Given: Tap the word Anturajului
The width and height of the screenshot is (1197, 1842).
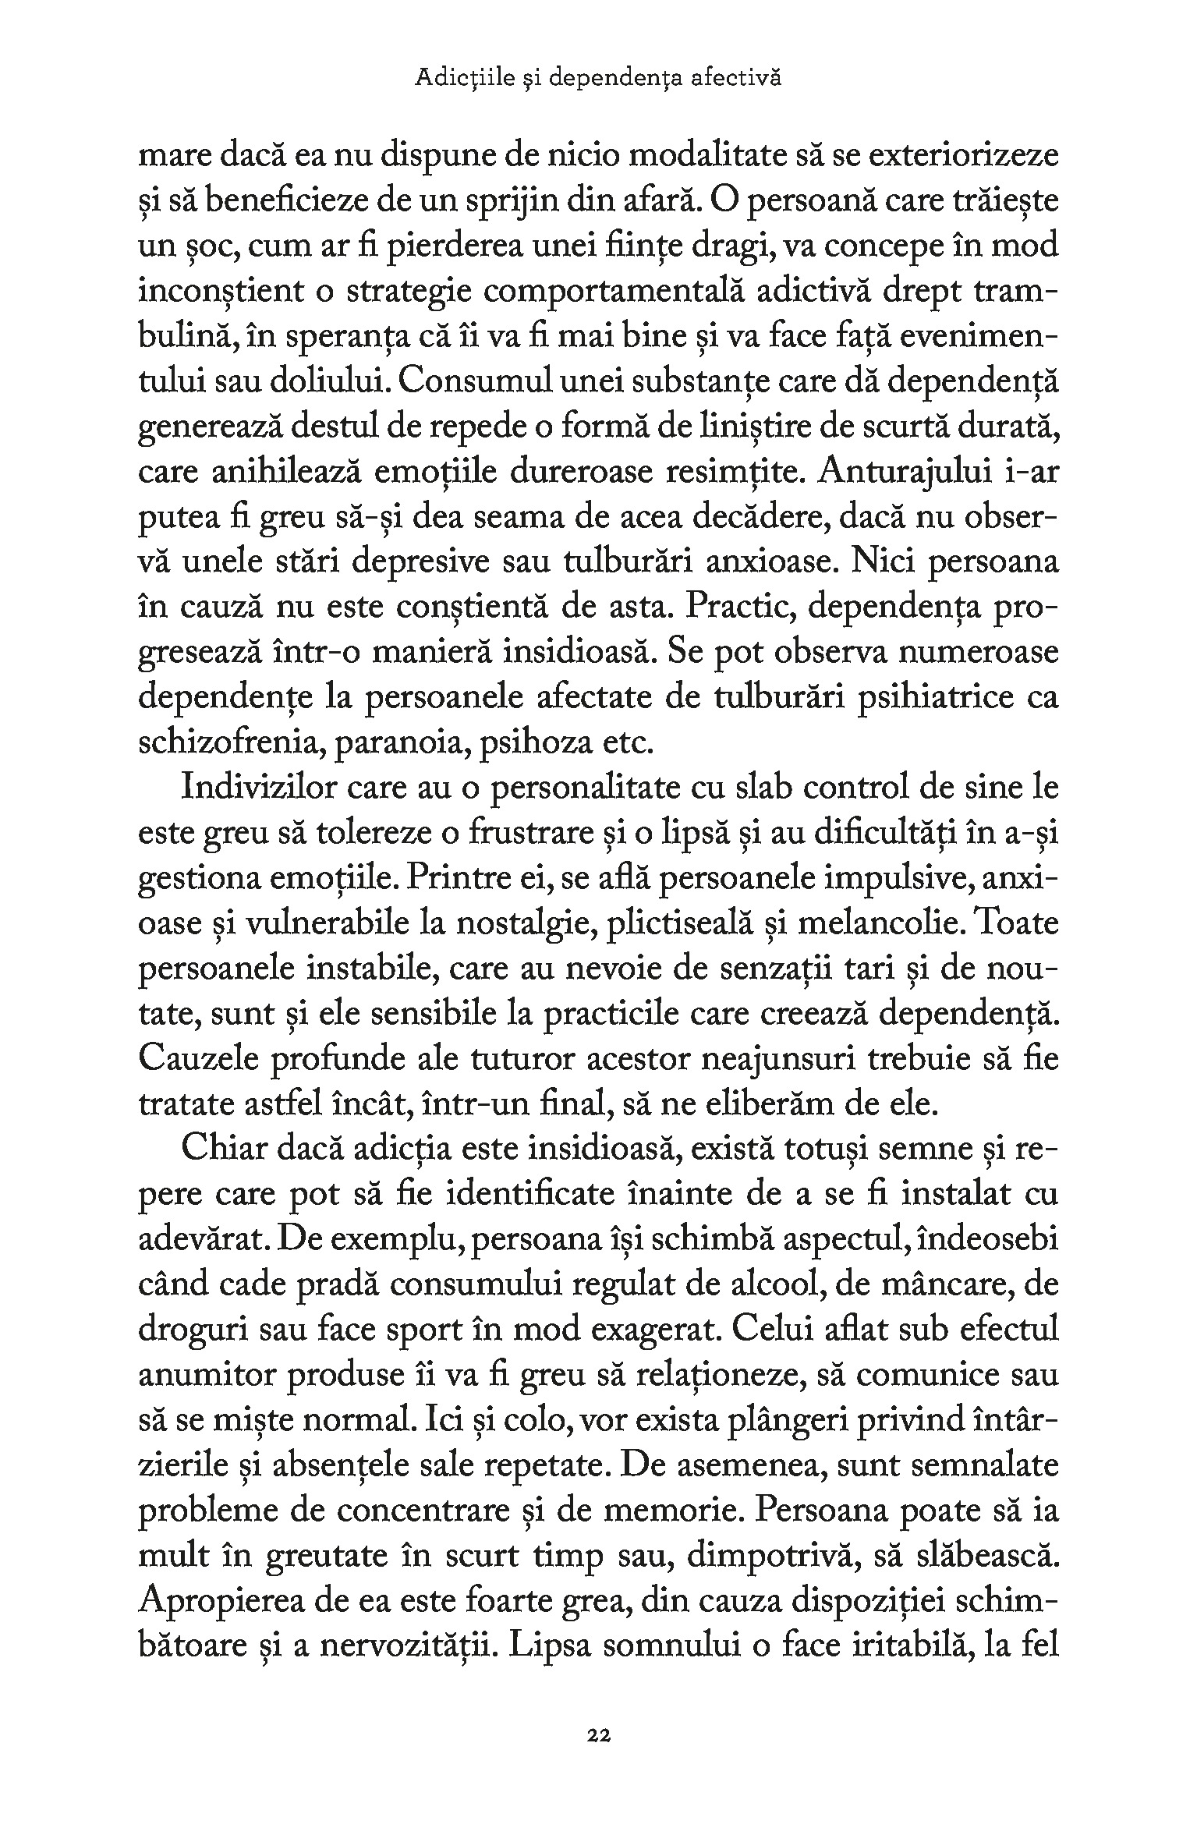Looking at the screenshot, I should click(909, 473).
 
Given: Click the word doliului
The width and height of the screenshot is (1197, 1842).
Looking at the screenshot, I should click(327, 382).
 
